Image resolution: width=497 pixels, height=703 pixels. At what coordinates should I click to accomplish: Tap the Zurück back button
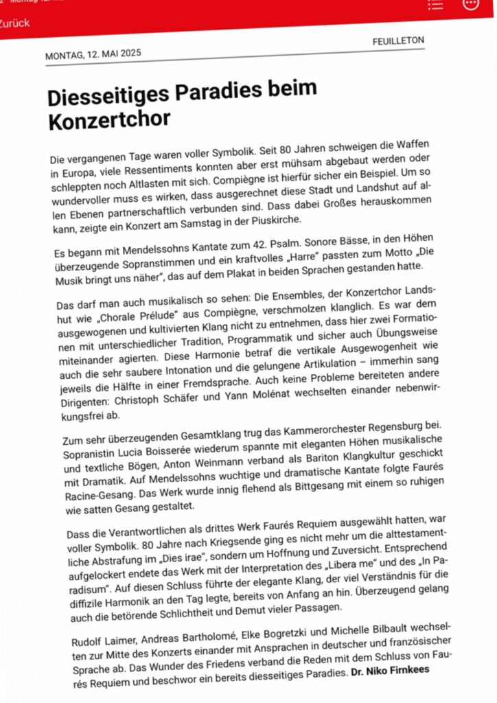tap(15, 23)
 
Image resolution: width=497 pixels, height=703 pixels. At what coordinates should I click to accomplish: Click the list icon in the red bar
tap(435, 5)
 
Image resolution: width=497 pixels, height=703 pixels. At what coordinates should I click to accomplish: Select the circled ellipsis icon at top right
tap(471, 4)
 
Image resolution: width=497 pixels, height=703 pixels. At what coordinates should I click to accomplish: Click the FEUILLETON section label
tap(398, 41)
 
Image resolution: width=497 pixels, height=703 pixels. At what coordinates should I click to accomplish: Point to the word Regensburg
tap(389, 426)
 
